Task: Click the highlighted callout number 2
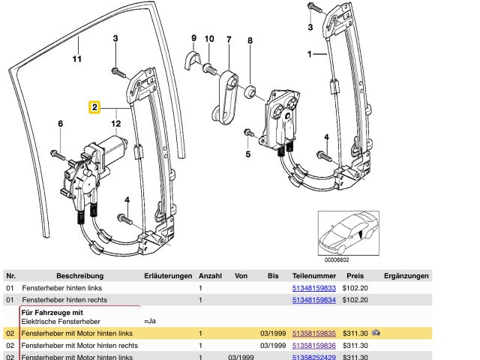(94, 108)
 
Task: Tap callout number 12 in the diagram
(115, 123)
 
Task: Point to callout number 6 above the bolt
(60, 124)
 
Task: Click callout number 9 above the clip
(193, 37)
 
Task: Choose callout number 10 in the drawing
(209, 38)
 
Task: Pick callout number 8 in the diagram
(250, 41)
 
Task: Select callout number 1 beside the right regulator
(309, 54)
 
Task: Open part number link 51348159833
(314, 288)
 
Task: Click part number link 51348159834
(314, 300)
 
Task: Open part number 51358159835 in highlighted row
(314, 332)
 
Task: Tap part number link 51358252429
(314, 356)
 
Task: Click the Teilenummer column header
(314, 275)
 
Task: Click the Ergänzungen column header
(406, 275)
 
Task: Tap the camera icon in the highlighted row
(376, 331)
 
